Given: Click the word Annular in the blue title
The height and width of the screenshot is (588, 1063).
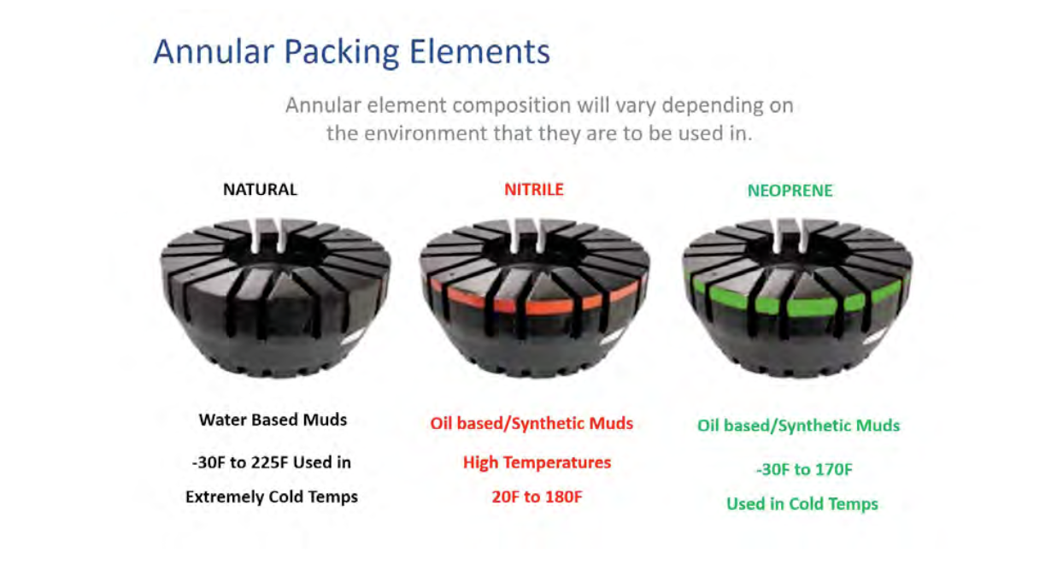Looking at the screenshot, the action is (214, 51).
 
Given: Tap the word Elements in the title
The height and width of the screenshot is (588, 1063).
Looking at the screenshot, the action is (479, 51).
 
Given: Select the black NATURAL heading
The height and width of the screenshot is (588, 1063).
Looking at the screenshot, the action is (260, 190).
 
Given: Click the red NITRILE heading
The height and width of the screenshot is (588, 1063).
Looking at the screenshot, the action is (534, 190).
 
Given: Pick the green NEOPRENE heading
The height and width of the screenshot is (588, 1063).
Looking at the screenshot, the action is (790, 191).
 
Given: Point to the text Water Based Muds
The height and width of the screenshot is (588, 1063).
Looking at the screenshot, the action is (273, 420).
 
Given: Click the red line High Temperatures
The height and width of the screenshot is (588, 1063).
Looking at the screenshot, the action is (537, 462).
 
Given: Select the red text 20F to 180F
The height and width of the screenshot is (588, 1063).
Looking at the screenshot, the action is (537, 497).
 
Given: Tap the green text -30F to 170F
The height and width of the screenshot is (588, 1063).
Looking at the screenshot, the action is (804, 469).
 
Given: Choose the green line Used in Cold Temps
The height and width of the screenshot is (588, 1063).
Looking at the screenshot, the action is (802, 503).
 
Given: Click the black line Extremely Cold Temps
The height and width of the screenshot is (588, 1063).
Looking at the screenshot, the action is (272, 497).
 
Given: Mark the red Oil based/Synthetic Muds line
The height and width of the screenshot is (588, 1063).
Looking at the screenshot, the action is (531, 423).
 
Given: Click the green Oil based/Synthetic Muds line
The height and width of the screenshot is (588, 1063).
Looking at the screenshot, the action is (799, 426).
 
